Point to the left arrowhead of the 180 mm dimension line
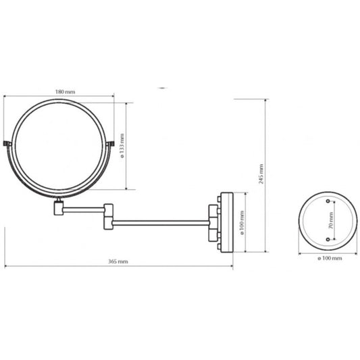pyautogui.click(x=8, y=97)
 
